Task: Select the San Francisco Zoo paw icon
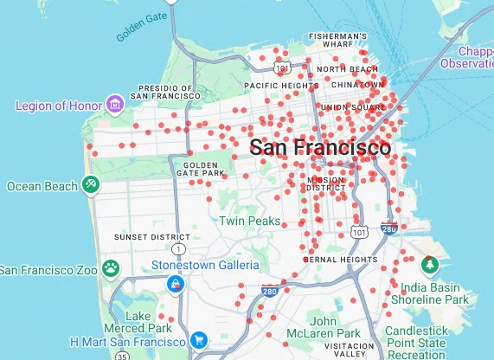point(111,268)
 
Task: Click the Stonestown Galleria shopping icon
point(176,283)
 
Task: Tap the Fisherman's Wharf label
point(337,41)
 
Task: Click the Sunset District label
point(152,236)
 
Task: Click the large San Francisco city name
point(319,147)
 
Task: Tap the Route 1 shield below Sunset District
point(178,249)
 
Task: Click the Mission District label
point(325,183)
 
